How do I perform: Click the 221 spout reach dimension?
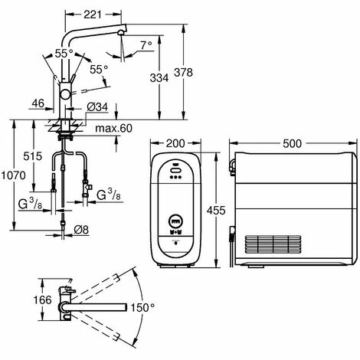[93, 15]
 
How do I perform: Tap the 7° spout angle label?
[146, 45]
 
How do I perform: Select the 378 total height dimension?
[183, 73]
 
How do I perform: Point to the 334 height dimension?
[159, 78]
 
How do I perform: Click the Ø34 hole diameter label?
[97, 107]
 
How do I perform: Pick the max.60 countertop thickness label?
[113, 128]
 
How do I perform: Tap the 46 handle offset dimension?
[38, 103]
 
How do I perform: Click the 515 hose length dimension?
[33, 156]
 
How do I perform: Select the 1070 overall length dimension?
[13, 175]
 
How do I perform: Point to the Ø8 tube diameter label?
[81, 230]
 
